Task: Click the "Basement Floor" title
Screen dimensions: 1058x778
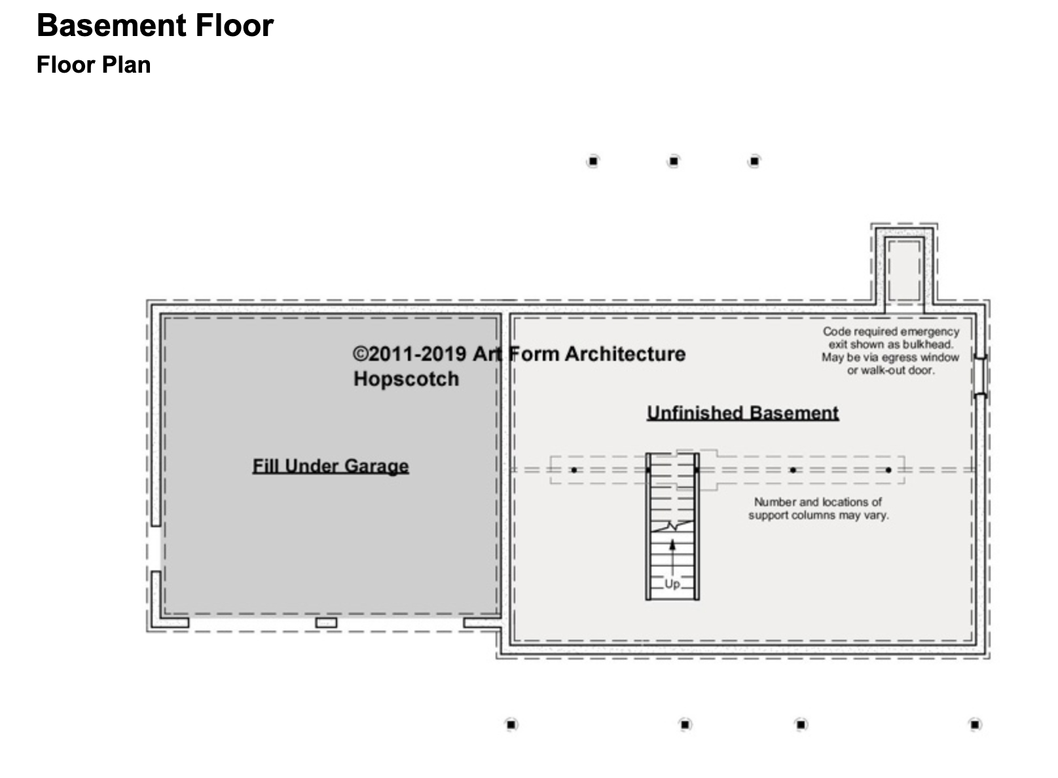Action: pyautogui.click(x=155, y=25)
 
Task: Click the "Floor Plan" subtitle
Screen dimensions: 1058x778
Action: pyautogui.click(x=94, y=65)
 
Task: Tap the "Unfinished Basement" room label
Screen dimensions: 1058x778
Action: pyautogui.click(x=742, y=413)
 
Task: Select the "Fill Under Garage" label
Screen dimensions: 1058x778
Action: pyautogui.click(x=331, y=466)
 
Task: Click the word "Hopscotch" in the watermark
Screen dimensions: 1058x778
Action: pyautogui.click(x=406, y=379)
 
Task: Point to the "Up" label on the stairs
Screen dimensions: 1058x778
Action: pyautogui.click(x=672, y=584)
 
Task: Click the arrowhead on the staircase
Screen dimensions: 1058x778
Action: pyautogui.click(x=672, y=546)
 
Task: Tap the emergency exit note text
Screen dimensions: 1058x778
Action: pyautogui.click(x=891, y=351)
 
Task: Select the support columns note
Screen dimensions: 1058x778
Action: pyautogui.click(x=818, y=508)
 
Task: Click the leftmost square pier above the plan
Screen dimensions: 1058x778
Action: pyautogui.click(x=593, y=162)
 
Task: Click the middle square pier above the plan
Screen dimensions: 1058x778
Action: pyautogui.click(x=674, y=162)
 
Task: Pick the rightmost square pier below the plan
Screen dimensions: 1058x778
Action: pyautogui.click(x=976, y=724)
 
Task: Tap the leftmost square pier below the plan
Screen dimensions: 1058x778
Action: pyautogui.click(x=511, y=724)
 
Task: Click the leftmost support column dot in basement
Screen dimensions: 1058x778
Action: pyautogui.click(x=574, y=470)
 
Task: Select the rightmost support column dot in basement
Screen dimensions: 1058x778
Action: pyautogui.click(x=888, y=470)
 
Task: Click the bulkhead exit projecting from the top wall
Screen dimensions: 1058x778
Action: pyautogui.click(x=904, y=269)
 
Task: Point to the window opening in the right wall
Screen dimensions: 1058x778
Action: pyautogui.click(x=981, y=376)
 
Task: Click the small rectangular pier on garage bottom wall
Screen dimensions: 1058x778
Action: pyautogui.click(x=327, y=623)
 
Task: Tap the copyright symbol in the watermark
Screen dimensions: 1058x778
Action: pyautogui.click(x=360, y=354)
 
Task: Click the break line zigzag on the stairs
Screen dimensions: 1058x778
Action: pyautogui.click(x=672, y=526)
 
